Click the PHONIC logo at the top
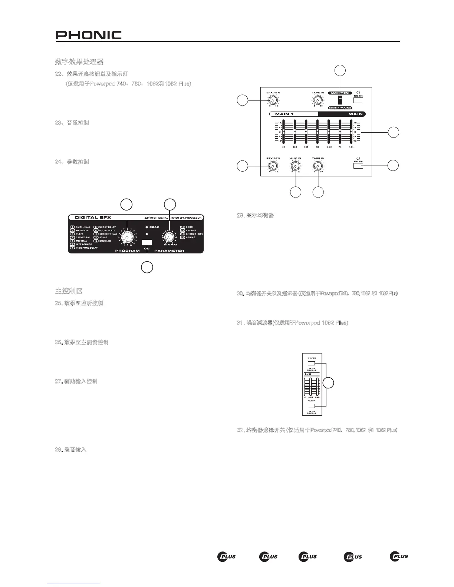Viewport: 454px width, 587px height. (x=89, y=35)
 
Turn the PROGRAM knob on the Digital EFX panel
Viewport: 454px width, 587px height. (x=127, y=238)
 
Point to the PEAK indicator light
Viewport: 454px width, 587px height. (x=147, y=227)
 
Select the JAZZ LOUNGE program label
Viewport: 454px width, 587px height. (x=84, y=245)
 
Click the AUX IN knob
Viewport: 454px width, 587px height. (x=295, y=167)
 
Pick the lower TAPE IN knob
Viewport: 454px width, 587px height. (x=318, y=167)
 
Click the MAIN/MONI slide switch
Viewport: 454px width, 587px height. (x=340, y=101)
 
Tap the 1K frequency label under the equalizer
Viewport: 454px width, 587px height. (x=318, y=147)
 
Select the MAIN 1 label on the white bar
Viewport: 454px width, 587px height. (x=284, y=114)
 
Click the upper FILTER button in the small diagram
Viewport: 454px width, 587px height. (x=312, y=363)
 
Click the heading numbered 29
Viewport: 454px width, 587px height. (x=256, y=215)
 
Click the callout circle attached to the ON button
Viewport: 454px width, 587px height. (x=147, y=267)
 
